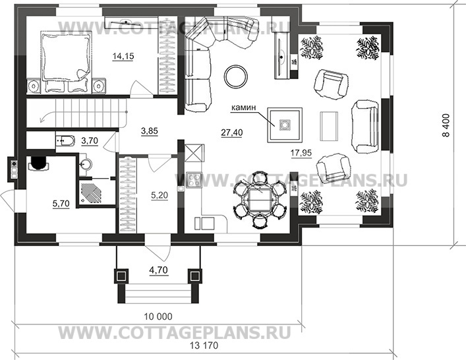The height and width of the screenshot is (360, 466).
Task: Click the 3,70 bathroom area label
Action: (90, 140)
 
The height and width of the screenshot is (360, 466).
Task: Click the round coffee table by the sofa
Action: (234, 76)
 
